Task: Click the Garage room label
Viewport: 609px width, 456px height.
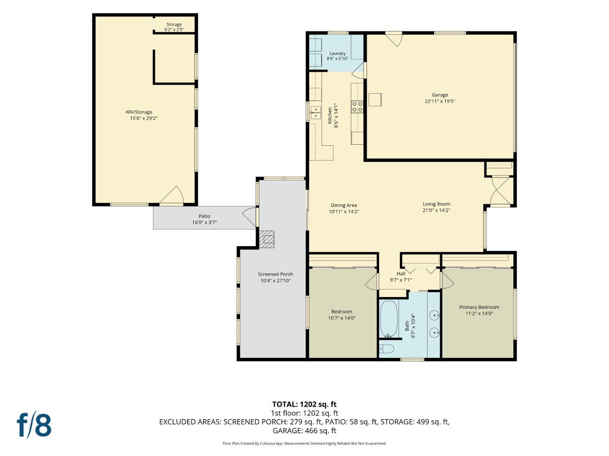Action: (x=440, y=95)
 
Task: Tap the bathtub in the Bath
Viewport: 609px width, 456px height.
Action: (x=389, y=319)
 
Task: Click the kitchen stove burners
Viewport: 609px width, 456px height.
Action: (x=357, y=107)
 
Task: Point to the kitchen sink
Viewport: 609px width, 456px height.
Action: (x=315, y=113)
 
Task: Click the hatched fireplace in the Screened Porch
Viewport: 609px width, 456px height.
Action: (x=267, y=239)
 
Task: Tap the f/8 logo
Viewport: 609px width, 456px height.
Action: (x=34, y=426)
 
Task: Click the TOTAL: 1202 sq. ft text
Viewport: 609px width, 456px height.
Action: (x=304, y=404)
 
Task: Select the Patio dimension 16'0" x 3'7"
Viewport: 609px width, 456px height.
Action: (x=205, y=222)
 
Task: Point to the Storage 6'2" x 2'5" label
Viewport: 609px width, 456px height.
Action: (x=174, y=27)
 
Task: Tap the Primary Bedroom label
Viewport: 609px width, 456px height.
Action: (x=479, y=307)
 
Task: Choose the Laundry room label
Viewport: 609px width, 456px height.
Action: (x=337, y=53)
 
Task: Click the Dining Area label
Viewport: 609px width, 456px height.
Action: (x=344, y=205)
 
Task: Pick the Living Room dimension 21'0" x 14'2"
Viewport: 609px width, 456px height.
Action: (x=436, y=210)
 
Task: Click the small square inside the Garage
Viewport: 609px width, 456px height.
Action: (x=375, y=100)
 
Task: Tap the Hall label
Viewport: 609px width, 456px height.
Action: (x=401, y=274)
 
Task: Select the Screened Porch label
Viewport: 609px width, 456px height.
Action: (x=275, y=274)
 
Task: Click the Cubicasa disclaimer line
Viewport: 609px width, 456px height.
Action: (x=304, y=443)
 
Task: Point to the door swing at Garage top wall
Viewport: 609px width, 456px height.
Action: (x=394, y=39)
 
